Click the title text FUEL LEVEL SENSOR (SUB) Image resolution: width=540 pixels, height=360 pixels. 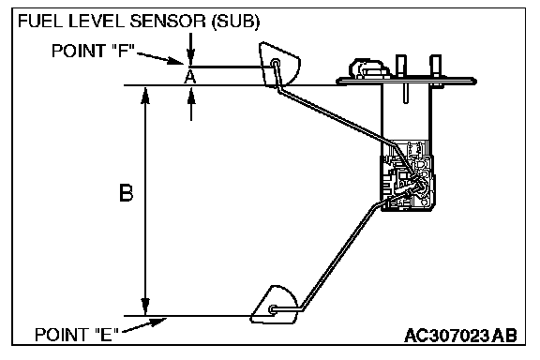tap(139, 22)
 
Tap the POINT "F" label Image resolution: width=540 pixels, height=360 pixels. tap(92, 51)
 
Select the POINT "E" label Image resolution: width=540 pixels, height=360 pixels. tap(77, 334)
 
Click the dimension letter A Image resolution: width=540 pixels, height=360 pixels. tap(189, 77)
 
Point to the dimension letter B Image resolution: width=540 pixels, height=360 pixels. tap(126, 193)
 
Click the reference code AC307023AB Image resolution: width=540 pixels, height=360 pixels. tap(460, 336)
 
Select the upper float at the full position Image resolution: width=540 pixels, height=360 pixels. tap(279, 64)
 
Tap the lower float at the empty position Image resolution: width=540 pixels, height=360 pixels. tap(275, 305)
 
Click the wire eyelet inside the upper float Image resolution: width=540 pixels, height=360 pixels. tap(276, 63)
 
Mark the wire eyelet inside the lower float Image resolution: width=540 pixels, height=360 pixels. tap(273, 309)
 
